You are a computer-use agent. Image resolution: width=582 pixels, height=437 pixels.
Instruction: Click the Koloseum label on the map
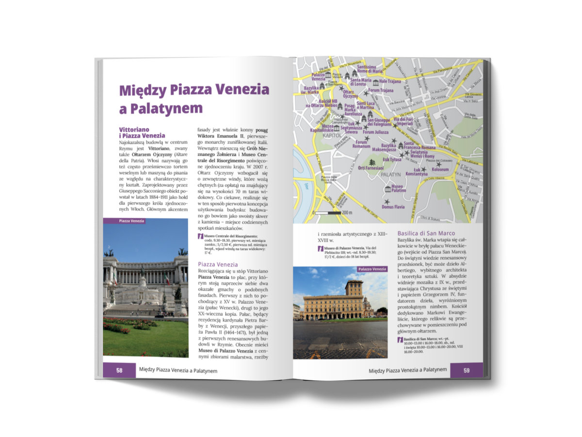[440, 170]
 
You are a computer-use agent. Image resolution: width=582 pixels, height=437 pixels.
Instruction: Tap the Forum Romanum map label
[361, 143]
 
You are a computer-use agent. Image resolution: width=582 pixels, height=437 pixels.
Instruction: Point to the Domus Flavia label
[393, 207]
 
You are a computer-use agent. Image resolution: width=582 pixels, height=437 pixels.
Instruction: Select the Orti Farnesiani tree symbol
[372, 162]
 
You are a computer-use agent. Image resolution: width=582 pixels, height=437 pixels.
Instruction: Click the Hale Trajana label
[390, 81]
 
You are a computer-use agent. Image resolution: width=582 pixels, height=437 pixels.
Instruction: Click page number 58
[119, 370]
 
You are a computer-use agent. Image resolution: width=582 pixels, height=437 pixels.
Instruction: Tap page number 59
[466, 371]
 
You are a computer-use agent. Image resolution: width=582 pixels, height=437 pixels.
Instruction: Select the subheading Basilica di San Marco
[427, 234]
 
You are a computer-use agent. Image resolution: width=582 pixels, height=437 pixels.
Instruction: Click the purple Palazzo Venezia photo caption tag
[372, 269]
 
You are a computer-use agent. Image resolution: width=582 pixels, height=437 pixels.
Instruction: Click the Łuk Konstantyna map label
[417, 171]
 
